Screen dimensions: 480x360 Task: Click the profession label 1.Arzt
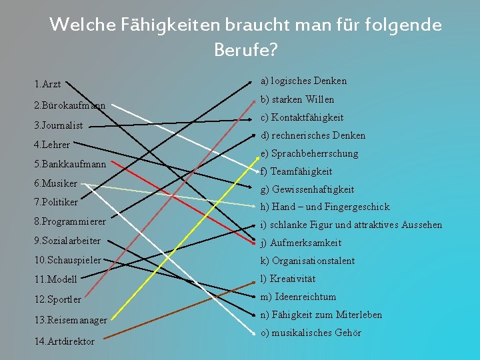[x=47, y=84]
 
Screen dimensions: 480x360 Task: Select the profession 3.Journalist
[x=58, y=125]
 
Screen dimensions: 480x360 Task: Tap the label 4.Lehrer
[x=51, y=144]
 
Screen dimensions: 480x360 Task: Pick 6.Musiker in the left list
[x=55, y=183]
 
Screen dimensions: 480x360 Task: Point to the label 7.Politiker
[x=56, y=201]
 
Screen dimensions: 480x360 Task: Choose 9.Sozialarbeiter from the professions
[x=67, y=241]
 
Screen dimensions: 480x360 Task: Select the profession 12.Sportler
[x=57, y=299]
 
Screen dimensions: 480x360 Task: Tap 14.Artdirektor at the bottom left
[x=64, y=341]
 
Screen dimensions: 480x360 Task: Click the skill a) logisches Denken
[x=304, y=81]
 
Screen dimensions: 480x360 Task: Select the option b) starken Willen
[x=297, y=99]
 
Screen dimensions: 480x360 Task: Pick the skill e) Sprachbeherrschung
[x=309, y=153]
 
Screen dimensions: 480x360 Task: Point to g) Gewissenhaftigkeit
[x=307, y=189]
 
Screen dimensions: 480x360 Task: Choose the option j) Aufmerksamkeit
[x=301, y=243]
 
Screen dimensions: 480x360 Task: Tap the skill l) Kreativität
[x=288, y=279]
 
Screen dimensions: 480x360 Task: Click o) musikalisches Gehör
[x=311, y=333]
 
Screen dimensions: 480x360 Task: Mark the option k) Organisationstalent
[x=307, y=261]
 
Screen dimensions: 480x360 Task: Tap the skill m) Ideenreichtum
[x=298, y=297]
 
